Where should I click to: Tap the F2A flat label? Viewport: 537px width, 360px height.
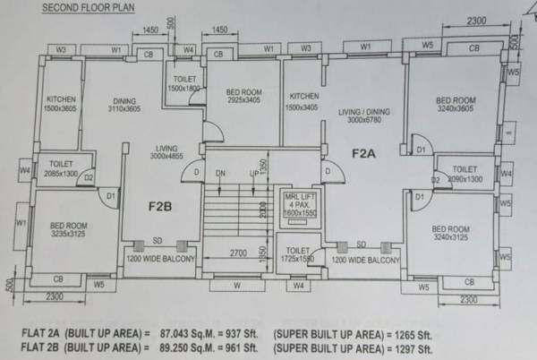tap(364, 153)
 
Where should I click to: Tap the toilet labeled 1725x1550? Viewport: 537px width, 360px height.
tap(294, 253)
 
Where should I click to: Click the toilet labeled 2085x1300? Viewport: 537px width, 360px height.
tap(61, 168)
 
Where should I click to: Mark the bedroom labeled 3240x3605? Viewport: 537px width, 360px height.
tap(455, 106)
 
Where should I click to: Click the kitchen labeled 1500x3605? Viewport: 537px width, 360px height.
tap(61, 103)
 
